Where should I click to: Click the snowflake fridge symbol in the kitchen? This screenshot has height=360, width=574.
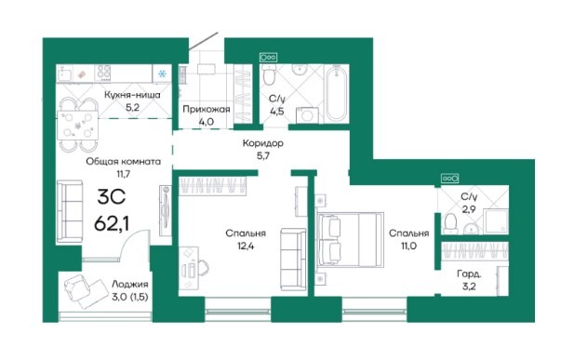pos(162,74)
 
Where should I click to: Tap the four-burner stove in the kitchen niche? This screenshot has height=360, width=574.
pos(103,73)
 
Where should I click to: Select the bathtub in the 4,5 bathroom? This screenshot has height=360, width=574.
pos(336,94)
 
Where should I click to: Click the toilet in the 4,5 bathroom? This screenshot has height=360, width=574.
pos(269,74)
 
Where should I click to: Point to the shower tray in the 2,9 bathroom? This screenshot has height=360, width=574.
pos(496,221)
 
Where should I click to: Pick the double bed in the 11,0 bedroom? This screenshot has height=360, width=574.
pos(351,239)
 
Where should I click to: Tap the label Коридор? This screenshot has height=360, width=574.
pos(263,143)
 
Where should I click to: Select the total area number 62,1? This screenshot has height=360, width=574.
pos(112,223)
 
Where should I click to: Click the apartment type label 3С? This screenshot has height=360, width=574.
pos(112,197)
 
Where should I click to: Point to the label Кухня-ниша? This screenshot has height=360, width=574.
pos(132,95)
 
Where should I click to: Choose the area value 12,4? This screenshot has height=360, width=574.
pos(246,247)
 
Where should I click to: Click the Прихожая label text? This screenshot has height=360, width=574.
pos(207,109)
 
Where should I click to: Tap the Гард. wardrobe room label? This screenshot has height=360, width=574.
pos(469,273)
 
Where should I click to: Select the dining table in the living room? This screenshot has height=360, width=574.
pos(77,126)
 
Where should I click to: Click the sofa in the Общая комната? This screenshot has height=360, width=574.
pos(70,212)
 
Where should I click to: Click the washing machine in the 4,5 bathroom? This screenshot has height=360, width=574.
pos(307,114)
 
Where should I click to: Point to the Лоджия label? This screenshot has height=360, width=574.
pos(130,285)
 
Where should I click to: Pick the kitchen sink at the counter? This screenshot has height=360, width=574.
pos(65,73)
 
